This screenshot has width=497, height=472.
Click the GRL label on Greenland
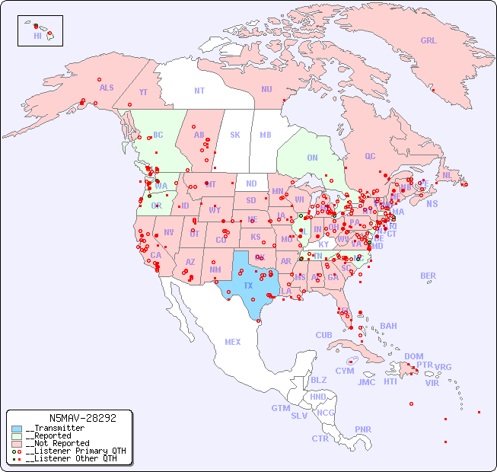tap(429, 40)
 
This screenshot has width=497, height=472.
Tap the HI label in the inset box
tap(37, 36)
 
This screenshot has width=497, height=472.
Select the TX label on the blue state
tap(248, 285)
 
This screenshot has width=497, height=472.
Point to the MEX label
tap(233, 342)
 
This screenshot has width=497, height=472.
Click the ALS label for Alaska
tap(107, 88)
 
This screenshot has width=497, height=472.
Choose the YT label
tap(143, 92)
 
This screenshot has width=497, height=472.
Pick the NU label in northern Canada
tap(266, 89)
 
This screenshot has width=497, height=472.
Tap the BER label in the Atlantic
tap(429, 276)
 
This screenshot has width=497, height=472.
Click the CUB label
tap(323, 335)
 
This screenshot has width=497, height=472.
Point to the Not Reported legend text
tap(57, 443)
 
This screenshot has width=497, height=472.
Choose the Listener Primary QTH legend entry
tap(69, 451)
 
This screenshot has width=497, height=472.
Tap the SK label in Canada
tap(235, 135)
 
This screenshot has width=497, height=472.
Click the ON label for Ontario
tap(312, 158)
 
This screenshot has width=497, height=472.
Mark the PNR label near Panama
tap(363, 429)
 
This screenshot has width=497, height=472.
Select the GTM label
tap(280, 408)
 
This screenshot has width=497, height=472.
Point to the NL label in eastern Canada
tap(447, 174)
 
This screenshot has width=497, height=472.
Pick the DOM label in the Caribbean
tap(413, 356)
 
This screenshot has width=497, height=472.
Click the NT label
tap(199, 90)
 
